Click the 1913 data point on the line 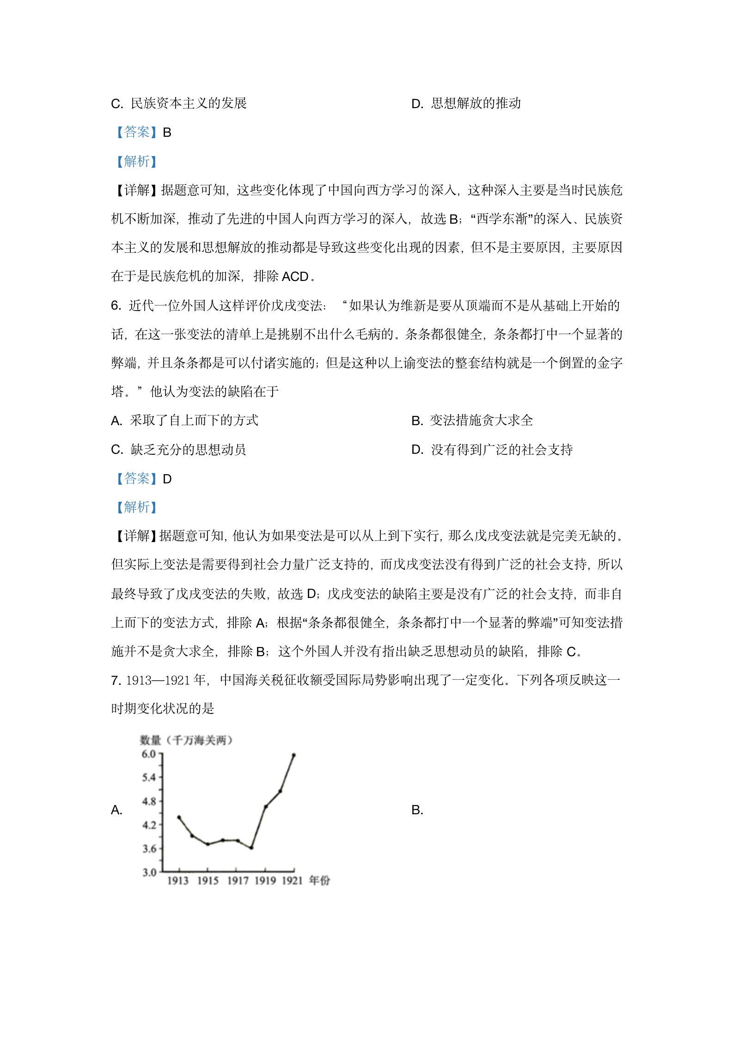click(x=179, y=817)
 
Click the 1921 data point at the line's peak click(x=293, y=755)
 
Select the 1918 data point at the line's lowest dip click(x=251, y=848)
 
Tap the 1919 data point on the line click(x=266, y=807)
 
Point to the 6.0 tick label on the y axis click(x=149, y=754)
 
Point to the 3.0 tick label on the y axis click(x=149, y=872)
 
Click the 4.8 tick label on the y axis click(x=149, y=801)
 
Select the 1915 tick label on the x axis click(x=208, y=881)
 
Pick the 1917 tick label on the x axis click(x=238, y=881)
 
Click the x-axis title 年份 click(x=319, y=880)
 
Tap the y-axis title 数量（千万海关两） click(x=186, y=740)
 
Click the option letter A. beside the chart click(x=116, y=810)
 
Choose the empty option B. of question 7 click(x=417, y=810)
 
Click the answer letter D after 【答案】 click(x=167, y=479)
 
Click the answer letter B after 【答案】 click(x=167, y=133)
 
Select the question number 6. click(x=116, y=305)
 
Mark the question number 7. click(x=116, y=680)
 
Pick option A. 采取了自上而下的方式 click(x=185, y=421)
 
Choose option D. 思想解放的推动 click(x=466, y=104)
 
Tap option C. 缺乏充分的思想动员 click(x=178, y=450)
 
